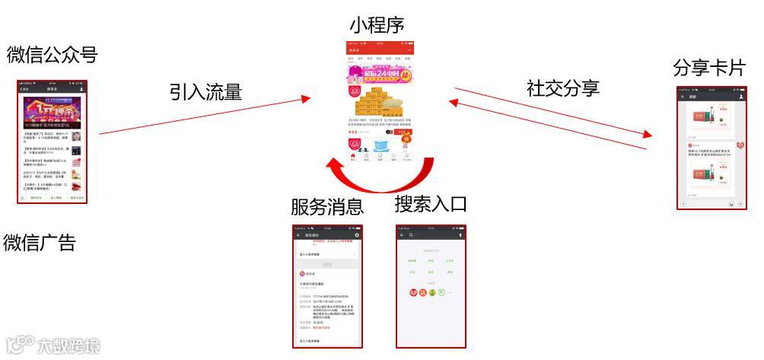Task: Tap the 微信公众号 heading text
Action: (53, 55)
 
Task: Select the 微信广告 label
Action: (40, 243)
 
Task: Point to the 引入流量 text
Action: (205, 92)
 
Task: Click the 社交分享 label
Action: (563, 88)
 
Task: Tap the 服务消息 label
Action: (327, 206)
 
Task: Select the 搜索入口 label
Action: (431, 204)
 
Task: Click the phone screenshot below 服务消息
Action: (328, 286)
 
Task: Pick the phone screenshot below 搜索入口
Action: (431, 286)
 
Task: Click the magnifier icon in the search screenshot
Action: (412, 235)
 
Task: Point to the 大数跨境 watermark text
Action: (68, 346)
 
